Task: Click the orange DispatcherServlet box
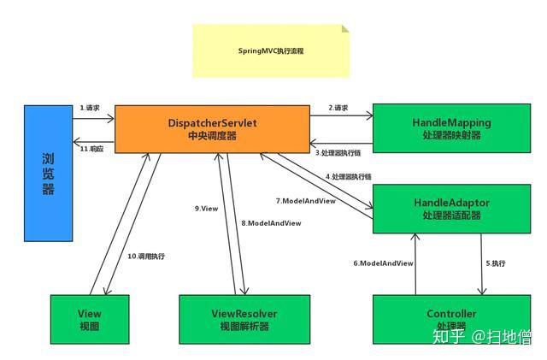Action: coord(212,129)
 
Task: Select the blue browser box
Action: coord(48,174)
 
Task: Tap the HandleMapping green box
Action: coord(452,128)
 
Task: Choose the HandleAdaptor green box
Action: coord(452,209)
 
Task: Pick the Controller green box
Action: coord(452,320)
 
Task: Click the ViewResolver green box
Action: coord(244,320)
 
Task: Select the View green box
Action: coord(90,320)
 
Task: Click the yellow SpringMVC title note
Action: coord(271,51)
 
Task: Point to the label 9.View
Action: coord(206,209)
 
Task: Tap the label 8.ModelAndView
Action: coord(271,223)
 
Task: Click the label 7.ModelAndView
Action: coord(306,201)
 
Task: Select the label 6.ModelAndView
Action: coord(383,263)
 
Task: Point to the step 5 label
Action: coord(496,263)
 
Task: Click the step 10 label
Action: coord(146,257)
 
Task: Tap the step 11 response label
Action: coord(91,149)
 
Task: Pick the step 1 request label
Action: coord(90,108)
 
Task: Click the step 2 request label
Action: coord(338,108)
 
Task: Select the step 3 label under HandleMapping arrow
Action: coord(338,153)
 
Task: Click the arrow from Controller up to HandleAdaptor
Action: coord(415,264)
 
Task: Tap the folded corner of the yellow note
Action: coord(345,28)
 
